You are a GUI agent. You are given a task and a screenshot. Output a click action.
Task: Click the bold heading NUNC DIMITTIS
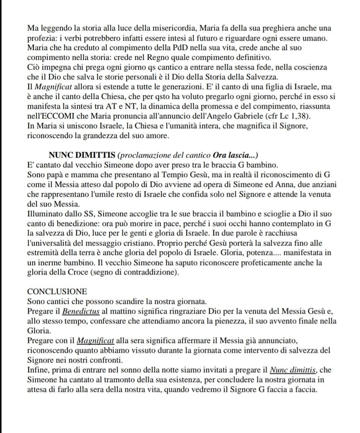(x=82, y=155)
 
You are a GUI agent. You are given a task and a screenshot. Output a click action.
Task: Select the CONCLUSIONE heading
(x=57, y=291)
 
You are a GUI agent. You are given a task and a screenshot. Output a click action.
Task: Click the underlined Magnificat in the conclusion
(x=96, y=341)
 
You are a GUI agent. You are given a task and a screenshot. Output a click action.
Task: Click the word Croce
(x=76, y=273)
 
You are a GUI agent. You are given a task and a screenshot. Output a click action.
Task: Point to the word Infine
(x=38, y=370)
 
